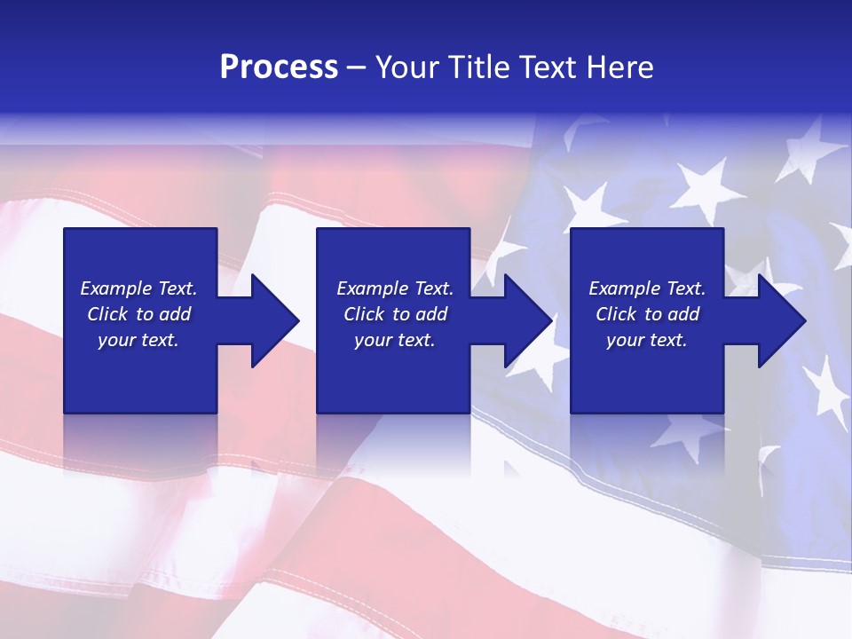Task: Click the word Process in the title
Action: tap(279, 67)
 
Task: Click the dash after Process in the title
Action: tap(357, 68)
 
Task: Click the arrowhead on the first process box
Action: tap(272, 320)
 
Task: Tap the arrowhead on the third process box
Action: tap(779, 320)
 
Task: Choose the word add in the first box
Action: tap(175, 314)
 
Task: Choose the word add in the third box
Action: tap(683, 314)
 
